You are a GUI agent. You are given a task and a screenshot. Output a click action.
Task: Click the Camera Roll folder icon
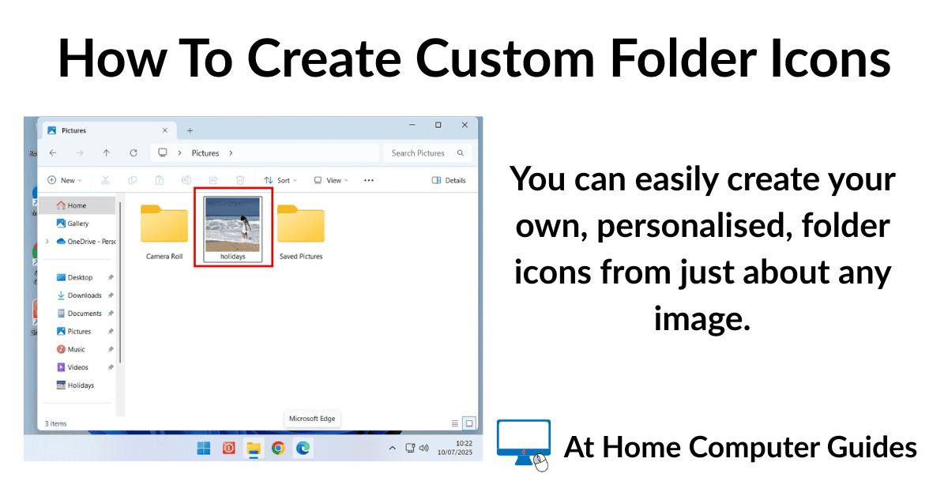coord(164,224)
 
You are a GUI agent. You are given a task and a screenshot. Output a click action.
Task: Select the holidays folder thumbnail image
coord(233,224)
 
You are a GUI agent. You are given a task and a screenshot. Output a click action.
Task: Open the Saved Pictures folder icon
coord(300,224)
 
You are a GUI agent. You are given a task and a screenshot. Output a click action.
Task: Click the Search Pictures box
coord(427,152)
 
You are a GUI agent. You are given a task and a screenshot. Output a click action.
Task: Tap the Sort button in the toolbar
coord(280,180)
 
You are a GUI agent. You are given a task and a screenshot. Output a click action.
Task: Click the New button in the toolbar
coord(63,180)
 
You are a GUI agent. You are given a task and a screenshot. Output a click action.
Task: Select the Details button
coord(449,180)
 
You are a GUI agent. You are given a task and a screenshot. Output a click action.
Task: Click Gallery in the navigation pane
coord(77,224)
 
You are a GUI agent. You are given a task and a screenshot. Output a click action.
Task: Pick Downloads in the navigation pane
coord(84,295)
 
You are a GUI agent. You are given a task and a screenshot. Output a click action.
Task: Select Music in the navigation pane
coord(76,349)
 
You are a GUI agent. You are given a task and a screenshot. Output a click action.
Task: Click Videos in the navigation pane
coord(77,367)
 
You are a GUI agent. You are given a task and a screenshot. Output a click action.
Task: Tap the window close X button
coord(465,126)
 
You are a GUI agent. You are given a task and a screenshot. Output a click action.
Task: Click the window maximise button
coord(438,126)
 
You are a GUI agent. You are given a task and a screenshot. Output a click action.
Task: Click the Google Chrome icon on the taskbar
coord(278,448)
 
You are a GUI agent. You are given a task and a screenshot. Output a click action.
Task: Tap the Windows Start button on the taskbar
coord(204,448)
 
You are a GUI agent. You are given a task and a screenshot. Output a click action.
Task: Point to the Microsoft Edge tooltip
coord(312,419)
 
